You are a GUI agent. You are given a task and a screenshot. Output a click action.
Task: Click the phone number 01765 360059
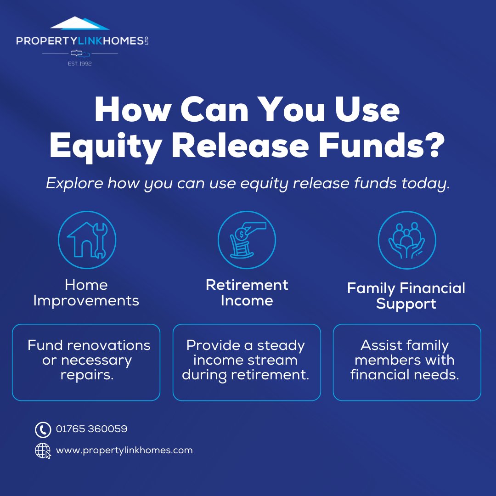[91, 429]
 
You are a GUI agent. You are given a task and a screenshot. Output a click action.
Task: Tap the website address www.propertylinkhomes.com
[124, 451]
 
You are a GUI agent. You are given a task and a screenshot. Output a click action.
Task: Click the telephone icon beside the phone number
[43, 430]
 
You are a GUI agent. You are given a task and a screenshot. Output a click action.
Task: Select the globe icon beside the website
[43, 451]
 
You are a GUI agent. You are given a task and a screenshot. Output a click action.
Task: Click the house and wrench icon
[87, 240]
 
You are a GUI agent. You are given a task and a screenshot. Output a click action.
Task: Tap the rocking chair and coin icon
[247, 240]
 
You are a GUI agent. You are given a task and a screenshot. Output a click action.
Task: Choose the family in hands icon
[407, 240]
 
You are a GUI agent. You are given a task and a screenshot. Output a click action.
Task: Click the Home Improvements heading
[86, 293]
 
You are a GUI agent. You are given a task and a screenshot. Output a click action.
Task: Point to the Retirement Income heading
[247, 293]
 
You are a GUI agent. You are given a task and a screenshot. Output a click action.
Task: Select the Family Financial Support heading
[406, 296]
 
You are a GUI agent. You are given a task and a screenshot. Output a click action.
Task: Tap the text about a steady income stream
[246, 360]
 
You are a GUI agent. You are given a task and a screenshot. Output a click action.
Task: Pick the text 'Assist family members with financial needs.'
[405, 360]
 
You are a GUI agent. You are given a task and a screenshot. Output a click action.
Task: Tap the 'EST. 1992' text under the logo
[79, 63]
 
